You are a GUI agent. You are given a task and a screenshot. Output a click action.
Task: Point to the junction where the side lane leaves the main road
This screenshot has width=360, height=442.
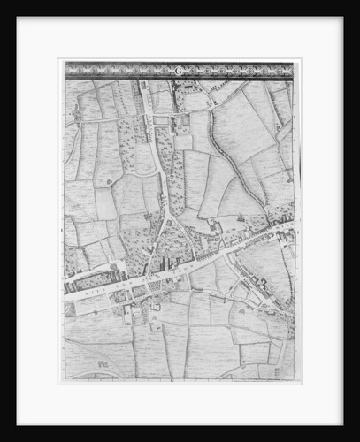(226, 255)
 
